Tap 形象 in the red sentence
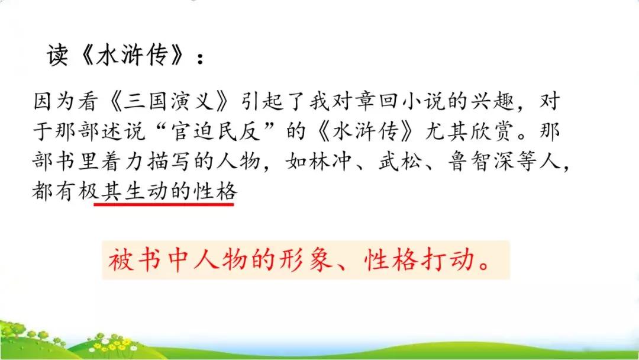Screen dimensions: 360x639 click(312, 261)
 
